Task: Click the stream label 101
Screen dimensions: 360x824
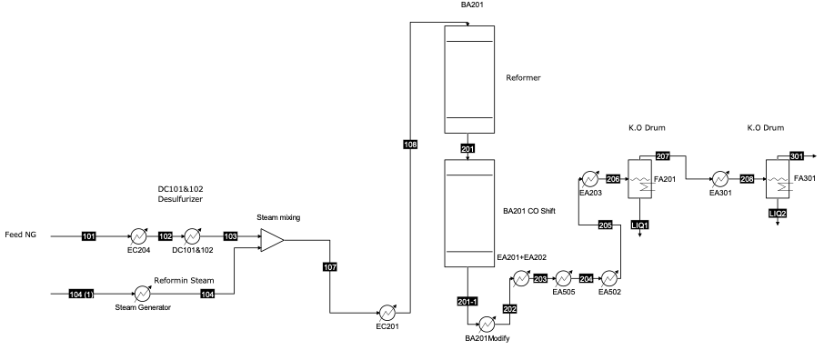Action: click(x=88, y=236)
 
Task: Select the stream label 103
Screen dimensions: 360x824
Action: click(x=231, y=236)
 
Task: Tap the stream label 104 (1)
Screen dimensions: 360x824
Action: click(x=82, y=294)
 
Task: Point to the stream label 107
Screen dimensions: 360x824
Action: click(x=330, y=267)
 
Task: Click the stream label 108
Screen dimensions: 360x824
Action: click(x=410, y=144)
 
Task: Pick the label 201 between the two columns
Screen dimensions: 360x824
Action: click(x=468, y=149)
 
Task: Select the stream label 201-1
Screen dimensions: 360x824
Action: click(x=467, y=301)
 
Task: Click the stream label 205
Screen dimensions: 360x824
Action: click(x=606, y=225)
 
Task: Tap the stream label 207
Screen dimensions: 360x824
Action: click(x=663, y=156)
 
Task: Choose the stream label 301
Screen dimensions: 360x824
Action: click(x=797, y=155)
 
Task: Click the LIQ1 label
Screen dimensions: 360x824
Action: click(x=640, y=225)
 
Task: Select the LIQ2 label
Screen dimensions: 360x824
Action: click(x=778, y=213)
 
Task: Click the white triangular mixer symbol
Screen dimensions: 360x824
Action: click(x=271, y=240)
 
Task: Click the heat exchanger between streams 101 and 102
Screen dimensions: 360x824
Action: click(x=138, y=236)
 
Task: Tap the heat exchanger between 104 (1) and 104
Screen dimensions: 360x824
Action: click(x=142, y=294)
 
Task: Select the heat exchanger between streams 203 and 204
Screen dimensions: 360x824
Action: click(x=563, y=279)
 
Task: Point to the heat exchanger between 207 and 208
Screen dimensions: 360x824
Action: click(x=719, y=179)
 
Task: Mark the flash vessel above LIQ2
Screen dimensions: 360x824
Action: click(x=778, y=179)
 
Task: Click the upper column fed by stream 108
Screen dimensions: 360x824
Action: click(x=469, y=79)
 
